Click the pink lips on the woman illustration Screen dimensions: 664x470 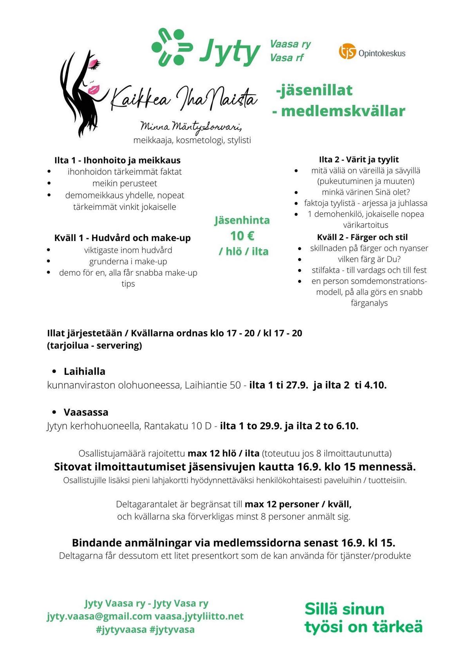pos(94,90)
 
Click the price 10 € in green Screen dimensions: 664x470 pos(242,236)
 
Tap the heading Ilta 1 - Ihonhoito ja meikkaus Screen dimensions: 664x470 pos(117,160)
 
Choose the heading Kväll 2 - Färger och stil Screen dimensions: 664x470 pos(362,237)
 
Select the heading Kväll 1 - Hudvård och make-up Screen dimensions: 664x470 pos(123,238)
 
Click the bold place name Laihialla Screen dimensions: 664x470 pos(84,371)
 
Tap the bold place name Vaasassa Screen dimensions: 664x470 pos(86,412)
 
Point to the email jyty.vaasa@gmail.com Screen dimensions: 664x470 pos(99,616)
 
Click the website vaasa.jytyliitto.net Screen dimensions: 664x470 pos(199,616)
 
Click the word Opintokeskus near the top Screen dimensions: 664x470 pos(382,53)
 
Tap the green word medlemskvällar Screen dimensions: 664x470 pos(343,111)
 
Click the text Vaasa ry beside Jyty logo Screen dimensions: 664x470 pos(290,44)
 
